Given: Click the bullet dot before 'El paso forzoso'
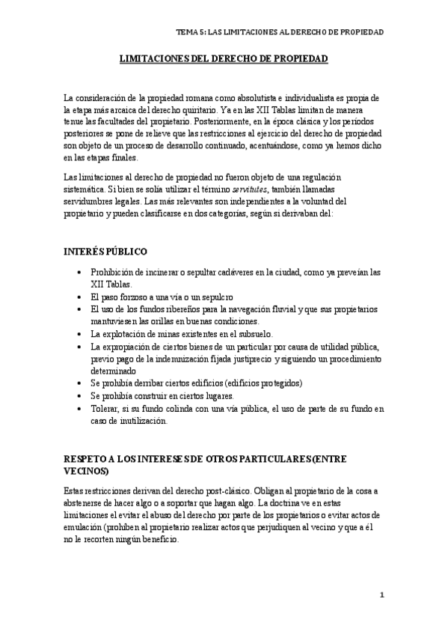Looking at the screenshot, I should point(80,297).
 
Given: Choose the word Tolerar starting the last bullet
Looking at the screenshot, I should point(106,408).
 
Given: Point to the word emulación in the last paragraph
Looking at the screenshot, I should point(88,526).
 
